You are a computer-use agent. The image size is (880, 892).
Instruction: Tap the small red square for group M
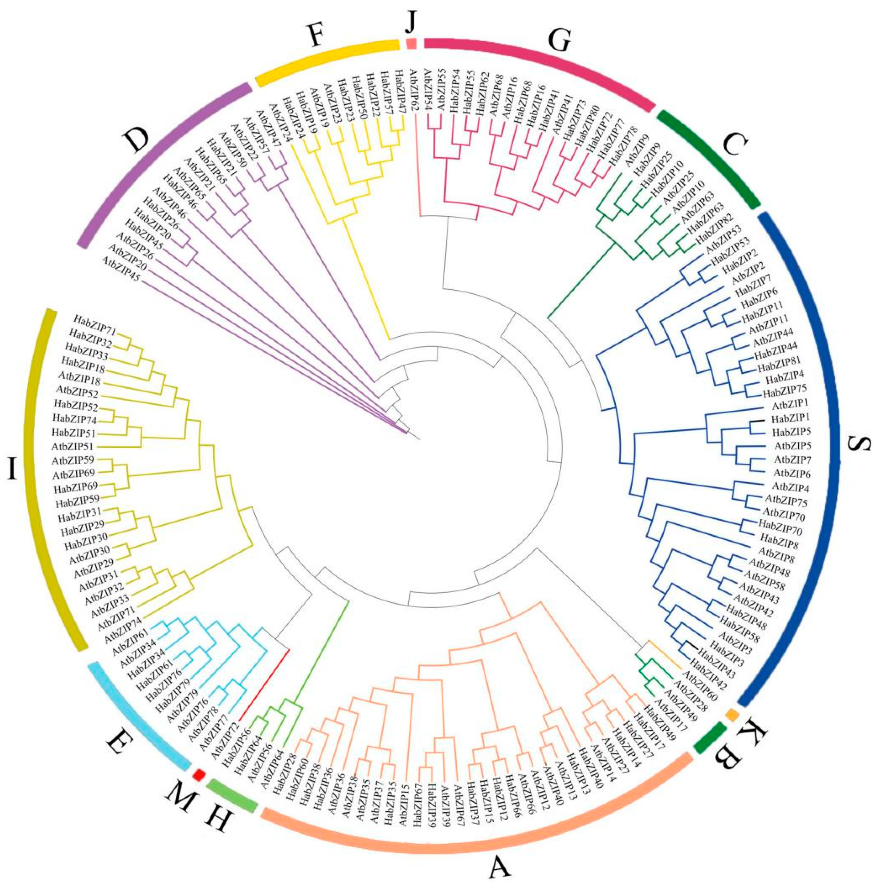click(x=199, y=774)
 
